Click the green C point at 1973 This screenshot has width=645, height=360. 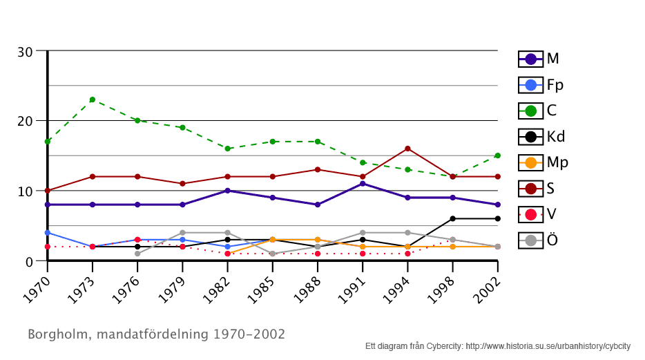(92, 100)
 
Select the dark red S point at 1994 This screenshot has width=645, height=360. (407, 149)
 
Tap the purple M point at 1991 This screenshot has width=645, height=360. (363, 183)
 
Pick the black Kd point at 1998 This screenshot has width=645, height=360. (452, 218)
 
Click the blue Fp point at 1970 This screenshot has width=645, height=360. (47, 233)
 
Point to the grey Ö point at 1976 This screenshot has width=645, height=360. (137, 254)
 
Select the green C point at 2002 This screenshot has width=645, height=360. (497, 155)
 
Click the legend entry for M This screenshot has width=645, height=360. (539, 59)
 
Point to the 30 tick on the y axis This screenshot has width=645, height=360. (26, 52)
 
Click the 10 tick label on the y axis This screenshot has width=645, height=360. (26, 191)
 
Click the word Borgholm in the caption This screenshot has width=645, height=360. (57, 334)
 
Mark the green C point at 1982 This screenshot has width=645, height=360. (227, 149)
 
